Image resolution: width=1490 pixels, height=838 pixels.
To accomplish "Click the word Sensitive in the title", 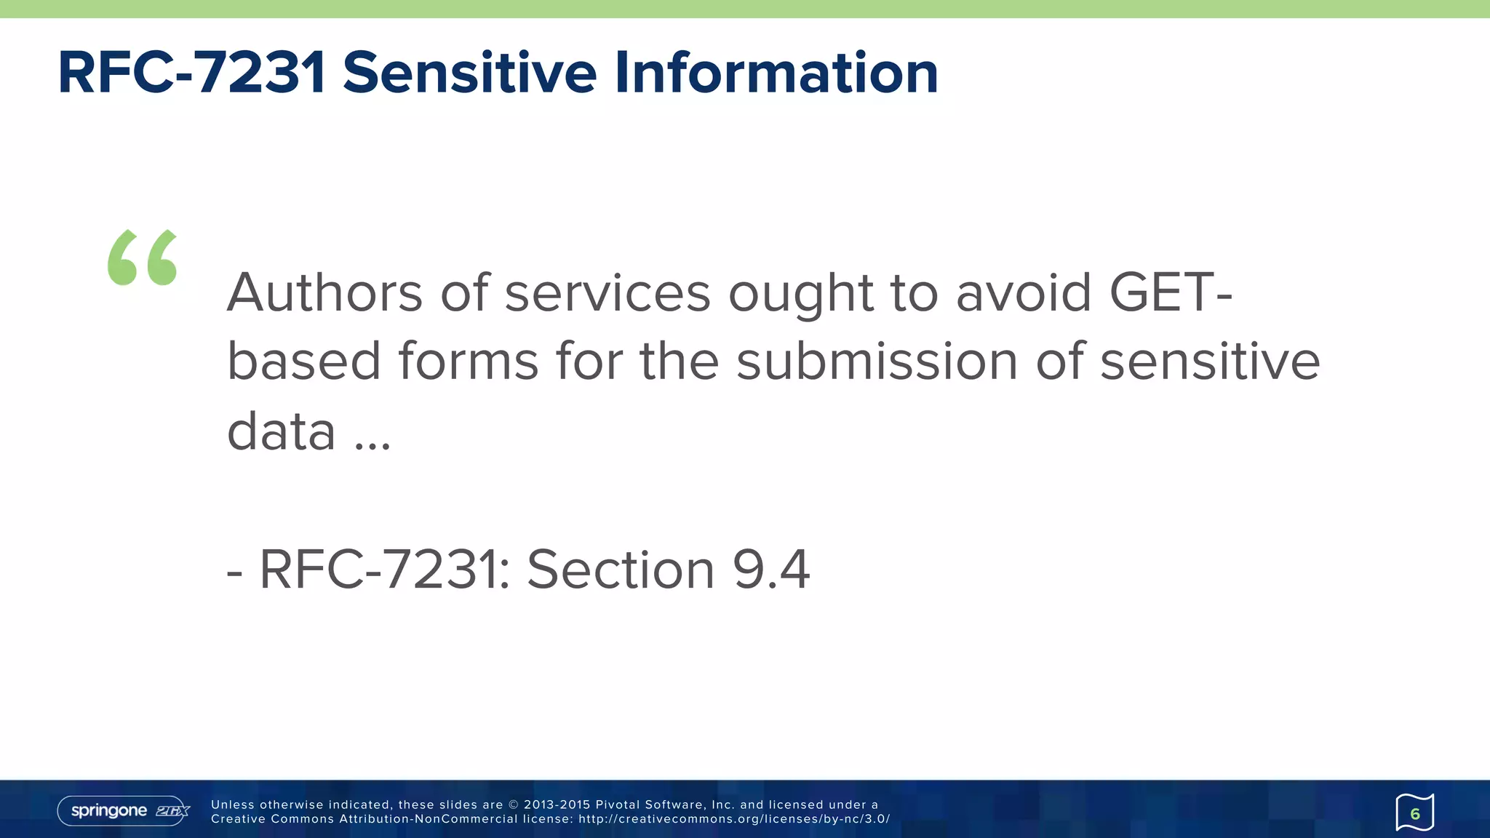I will pos(469,73).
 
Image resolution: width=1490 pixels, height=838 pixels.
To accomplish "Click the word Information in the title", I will pos(776,73).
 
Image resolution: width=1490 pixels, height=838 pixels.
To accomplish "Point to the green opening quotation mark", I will pos(143,258).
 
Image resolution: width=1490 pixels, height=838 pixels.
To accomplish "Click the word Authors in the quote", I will pos(324,292).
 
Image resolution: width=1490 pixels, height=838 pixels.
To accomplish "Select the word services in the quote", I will pos(607,292).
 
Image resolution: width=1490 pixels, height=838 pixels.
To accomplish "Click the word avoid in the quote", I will pos(1024,292).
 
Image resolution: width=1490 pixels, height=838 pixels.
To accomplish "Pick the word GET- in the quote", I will pos(1171,292).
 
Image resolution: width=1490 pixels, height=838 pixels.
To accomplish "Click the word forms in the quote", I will pos(467,362).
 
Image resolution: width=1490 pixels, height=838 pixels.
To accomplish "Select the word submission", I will pos(876,362).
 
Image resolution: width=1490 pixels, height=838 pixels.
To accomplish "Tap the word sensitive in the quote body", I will pos(1209,362).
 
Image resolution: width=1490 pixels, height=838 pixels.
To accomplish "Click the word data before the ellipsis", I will pos(282,431).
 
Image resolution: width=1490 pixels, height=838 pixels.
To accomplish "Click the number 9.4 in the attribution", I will pos(771,569).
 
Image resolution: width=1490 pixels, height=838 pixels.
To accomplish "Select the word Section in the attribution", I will pos(621,569).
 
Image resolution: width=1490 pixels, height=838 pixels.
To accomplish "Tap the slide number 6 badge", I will pos(1414,813).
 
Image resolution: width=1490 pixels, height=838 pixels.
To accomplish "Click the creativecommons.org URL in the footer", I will pos(734,819).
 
